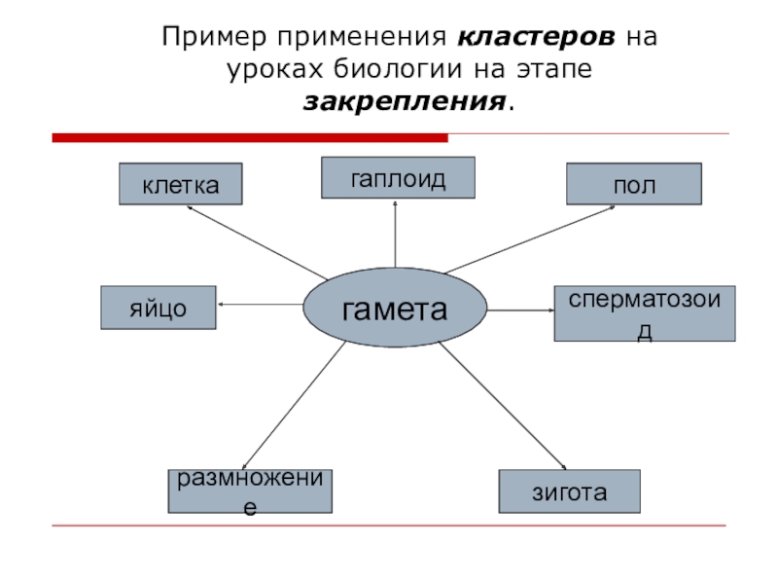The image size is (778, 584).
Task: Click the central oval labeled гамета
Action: point(395,310)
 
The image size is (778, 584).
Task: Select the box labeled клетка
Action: point(180,184)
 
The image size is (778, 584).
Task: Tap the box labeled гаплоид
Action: point(398,177)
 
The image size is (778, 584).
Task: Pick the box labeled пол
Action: point(634,184)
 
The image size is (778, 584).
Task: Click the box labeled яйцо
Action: point(159,308)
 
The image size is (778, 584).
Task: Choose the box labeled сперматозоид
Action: point(644,313)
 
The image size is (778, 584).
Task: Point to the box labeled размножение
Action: point(251,491)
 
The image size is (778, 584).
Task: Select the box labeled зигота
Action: point(569,492)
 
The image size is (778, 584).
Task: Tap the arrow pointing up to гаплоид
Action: point(396,238)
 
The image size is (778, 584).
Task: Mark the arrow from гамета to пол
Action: point(526,239)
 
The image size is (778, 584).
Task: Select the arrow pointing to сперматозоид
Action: point(520,310)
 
